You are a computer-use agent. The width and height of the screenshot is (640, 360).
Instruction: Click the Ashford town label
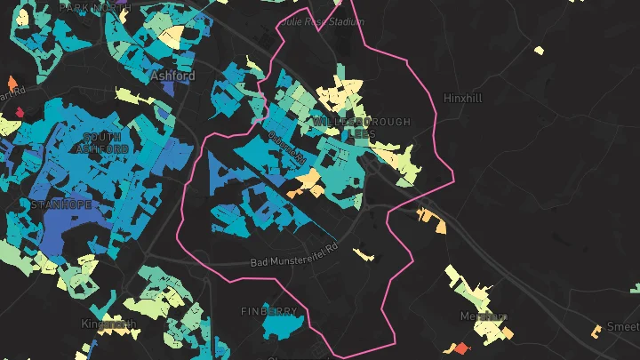[172, 76]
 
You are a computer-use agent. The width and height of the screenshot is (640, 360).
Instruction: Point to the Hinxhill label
[461, 98]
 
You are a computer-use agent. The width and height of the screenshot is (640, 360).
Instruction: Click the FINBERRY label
[268, 311]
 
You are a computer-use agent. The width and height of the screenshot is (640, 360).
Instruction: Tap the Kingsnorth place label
[108, 324]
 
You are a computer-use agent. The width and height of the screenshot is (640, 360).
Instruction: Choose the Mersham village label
[484, 316]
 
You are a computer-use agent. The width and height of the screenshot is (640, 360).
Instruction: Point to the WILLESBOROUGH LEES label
[362, 127]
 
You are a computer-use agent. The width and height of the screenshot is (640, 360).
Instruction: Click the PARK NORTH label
[94, 7]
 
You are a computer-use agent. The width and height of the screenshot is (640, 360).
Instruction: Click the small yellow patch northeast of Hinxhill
[539, 50]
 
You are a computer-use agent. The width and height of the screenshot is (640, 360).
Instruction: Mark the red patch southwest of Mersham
[461, 347]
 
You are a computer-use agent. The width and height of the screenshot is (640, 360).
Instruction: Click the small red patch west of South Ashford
[19, 112]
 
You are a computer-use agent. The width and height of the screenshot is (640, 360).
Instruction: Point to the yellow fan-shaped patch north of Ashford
[171, 35]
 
